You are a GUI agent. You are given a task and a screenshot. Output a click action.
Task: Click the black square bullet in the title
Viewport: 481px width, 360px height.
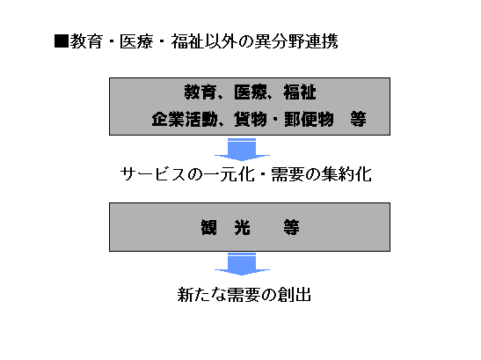pyautogui.click(x=62, y=41)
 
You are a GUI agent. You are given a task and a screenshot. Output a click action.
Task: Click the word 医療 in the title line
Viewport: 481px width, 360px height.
pyautogui.click(x=136, y=41)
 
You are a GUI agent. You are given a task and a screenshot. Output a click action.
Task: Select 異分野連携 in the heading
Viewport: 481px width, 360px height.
pyautogui.click(x=296, y=41)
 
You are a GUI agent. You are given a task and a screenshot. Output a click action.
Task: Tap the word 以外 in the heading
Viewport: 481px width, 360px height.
pyautogui.click(x=221, y=41)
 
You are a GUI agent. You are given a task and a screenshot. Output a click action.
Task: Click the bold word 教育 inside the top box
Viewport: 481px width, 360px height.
pyautogui.click(x=200, y=92)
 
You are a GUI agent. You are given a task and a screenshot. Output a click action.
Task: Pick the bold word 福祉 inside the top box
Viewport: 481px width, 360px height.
pyautogui.click(x=299, y=92)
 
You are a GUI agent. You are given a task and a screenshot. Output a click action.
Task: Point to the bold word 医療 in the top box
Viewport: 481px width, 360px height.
pyautogui.click(x=250, y=92)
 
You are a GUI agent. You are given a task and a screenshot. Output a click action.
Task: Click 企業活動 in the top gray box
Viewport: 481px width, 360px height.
pyautogui.click(x=185, y=119)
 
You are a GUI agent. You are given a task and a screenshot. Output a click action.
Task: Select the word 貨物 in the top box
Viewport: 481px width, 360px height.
pyautogui.click(x=250, y=119)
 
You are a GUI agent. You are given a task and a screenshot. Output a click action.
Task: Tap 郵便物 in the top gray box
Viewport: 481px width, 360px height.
pyautogui.click(x=309, y=119)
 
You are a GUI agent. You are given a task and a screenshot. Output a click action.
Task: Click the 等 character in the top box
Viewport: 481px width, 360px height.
pyautogui.click(x=358, y=119)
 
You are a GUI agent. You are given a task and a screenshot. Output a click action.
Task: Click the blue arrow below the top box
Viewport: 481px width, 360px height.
pyautogui.click(x=242, y=150)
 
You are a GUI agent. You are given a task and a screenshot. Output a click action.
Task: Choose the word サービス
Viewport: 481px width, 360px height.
pyautogui.click(x=153, y=174)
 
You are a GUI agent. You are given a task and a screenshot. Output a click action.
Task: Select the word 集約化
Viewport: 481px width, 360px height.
pyautogui.click(x=346, y=174)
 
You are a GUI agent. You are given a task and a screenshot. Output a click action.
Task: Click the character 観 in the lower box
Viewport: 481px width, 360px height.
pyautogui.click(x=209, y=228)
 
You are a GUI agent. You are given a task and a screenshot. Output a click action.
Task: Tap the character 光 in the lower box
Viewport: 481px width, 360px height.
pyautogui.click(x=242, y=228)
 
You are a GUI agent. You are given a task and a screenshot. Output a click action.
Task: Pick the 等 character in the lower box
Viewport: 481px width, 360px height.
pyautogui.click(x=291, y=228)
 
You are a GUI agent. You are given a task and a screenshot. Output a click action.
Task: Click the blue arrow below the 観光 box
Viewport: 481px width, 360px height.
pyautogui.click(x=242, y=264)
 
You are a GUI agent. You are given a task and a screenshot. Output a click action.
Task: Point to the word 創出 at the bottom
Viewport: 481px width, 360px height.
pyautogui.click(x=294, y=295)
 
